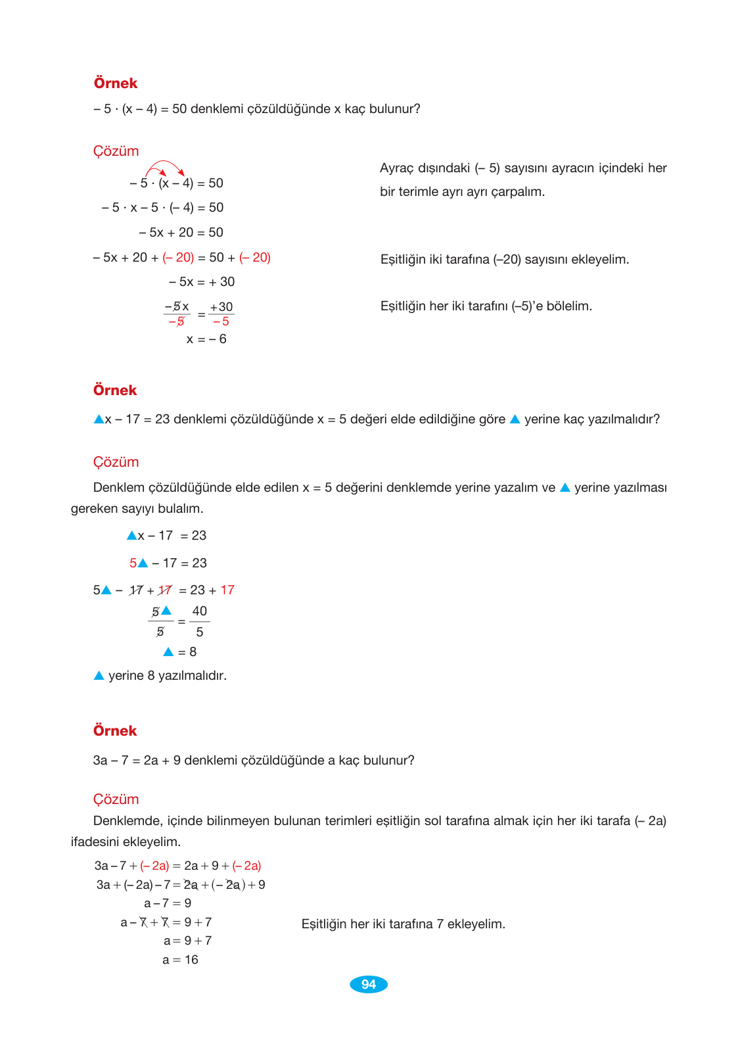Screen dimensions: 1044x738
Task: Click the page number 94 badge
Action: [368, 984]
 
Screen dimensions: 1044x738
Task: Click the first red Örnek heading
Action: [116, 83]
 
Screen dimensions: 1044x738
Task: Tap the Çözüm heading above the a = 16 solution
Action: [116, 799]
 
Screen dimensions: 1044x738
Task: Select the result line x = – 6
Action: [206, 339]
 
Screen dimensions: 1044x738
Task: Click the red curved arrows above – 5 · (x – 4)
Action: [165, 167]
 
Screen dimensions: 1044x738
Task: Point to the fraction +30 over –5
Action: [221, 314]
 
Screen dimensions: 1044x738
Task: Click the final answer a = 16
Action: [180, 960]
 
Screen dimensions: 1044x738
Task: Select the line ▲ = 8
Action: [180, 652]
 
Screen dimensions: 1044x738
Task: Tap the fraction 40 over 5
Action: [200, 621]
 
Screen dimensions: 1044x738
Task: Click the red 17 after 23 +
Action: [227, 590]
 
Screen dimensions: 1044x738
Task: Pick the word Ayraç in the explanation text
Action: [396, 168]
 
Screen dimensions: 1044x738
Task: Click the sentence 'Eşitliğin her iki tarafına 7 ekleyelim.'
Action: [403, 924]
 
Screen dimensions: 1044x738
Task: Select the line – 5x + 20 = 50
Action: [181, 233]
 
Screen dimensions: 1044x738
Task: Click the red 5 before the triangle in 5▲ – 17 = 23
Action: [133, 563]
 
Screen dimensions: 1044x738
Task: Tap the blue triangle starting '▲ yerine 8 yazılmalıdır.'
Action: [99, 676]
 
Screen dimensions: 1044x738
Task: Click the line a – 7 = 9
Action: [168, 903]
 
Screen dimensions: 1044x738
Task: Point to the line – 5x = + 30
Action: [202, 282]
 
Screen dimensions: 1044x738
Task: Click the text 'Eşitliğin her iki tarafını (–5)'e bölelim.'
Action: [486, 306]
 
